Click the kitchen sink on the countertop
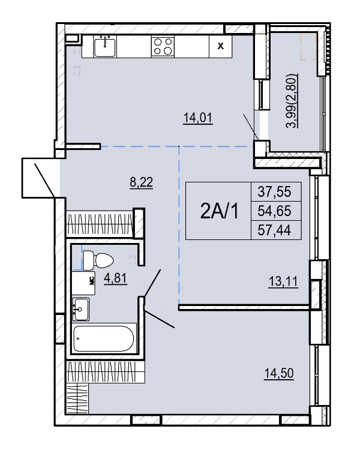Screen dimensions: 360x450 (105, 46)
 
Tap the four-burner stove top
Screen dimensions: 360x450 (163, 46)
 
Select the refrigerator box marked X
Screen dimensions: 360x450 (220, 46)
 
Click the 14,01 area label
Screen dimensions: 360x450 (198, 118)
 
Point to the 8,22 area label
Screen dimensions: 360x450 (141, 182)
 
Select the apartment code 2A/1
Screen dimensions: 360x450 (220, 211)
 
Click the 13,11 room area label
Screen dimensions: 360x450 (283, 282)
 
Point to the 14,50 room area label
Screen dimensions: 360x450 (279, 374)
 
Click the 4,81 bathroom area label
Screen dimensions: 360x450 (115, 278)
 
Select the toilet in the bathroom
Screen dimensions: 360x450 (98, 260)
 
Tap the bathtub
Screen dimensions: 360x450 (104, 338)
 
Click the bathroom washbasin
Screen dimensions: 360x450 (80, 309)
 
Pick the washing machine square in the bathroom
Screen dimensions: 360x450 (83, 283)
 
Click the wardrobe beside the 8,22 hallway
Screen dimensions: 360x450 (100, 224)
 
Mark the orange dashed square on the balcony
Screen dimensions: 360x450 (308, 46)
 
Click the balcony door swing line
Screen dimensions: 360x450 (251, 127)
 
